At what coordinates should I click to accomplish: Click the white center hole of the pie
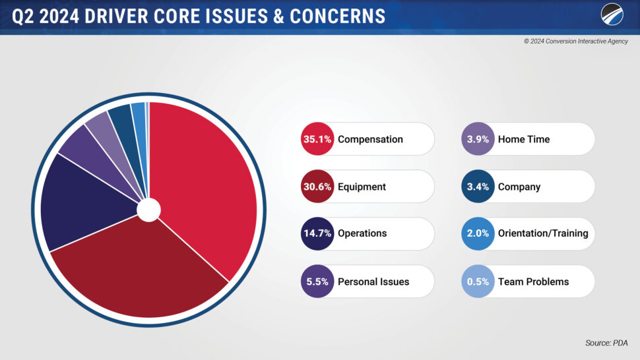pyautogui.click(x=148, y=210)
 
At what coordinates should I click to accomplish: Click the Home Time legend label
pyautogui.click(x=523, y=139)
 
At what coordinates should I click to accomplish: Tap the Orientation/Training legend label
pyautogui.click(x=542, y=233)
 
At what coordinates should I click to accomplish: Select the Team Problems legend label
pyautogui.click(x=533, y=282)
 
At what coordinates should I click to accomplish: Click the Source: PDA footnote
pyautogui.click(x=606, y=343)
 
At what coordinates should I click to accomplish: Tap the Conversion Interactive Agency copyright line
pyautogui.click(x=576, y=41)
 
